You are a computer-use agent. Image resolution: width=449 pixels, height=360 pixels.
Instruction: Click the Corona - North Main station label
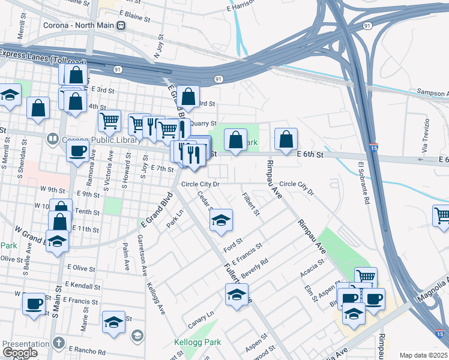[x=79, y=26]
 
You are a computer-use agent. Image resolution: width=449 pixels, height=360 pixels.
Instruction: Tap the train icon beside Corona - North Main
[x=122, y=26]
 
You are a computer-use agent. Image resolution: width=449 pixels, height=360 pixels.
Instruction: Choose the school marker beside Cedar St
[x=221, y=221]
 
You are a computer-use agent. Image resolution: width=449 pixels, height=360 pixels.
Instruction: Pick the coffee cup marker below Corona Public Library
[x=77, y=152]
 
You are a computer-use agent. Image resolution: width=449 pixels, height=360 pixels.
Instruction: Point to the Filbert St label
[x=250, y=204]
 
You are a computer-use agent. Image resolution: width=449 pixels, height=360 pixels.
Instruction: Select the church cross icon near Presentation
[x=58, y=343]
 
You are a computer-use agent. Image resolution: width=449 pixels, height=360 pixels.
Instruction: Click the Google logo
[x=20, y=353]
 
